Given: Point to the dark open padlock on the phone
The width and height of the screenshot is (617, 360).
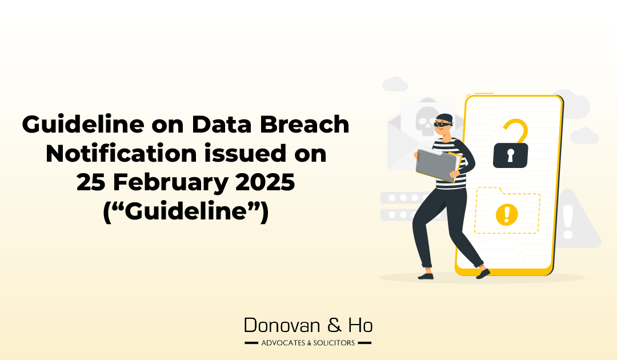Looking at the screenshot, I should [x=510, y=155].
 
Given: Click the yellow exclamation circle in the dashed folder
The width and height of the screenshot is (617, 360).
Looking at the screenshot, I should [x=506, y=215].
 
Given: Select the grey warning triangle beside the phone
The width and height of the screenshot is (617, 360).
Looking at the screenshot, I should [x=573, y=220].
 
